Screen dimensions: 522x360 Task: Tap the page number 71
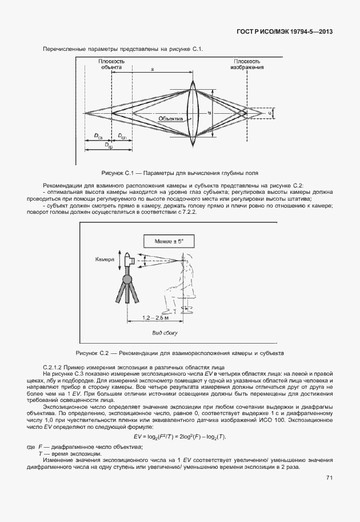coord(330,478)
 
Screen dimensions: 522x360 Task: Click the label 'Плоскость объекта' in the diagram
coord(112,63)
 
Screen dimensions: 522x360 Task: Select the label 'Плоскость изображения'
coord(247,63)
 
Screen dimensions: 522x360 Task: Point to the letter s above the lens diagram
coord(153,69)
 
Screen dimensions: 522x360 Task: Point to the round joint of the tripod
coord(127,279)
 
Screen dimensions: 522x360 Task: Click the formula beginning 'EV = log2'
coord(180,437)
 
